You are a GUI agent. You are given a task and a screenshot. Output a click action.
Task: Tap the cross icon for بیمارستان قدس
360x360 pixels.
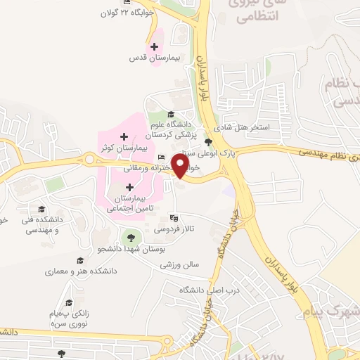tap(154, 46)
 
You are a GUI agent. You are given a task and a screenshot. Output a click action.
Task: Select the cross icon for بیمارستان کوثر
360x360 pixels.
tap(124, 136)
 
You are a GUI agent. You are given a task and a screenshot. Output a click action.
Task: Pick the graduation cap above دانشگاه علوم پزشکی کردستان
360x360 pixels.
tap(170, 114)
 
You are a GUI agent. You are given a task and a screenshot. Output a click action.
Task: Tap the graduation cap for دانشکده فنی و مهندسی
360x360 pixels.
tap(41, 210)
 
